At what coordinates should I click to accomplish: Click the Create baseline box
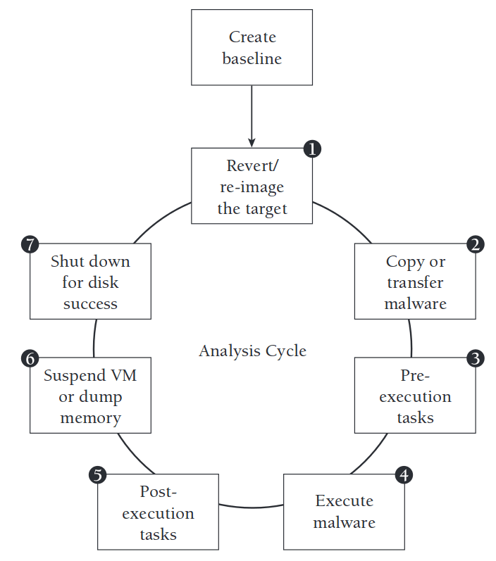252,47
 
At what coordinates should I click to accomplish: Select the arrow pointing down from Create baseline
252,116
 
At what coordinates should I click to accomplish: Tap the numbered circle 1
312,149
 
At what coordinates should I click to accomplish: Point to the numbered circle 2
476,244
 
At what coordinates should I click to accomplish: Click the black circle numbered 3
476,358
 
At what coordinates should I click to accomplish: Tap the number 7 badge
30,244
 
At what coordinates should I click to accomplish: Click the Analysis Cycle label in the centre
252,351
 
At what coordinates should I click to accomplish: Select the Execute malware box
344,512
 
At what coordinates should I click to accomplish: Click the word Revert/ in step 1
252,166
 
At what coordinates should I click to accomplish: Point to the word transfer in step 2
415,283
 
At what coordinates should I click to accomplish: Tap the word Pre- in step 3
415,375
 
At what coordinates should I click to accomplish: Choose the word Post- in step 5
158,491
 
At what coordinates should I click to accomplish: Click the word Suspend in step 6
73,375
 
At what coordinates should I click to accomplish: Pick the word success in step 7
90,304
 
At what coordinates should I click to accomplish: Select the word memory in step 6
90,418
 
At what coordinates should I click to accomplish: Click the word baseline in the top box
252,58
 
